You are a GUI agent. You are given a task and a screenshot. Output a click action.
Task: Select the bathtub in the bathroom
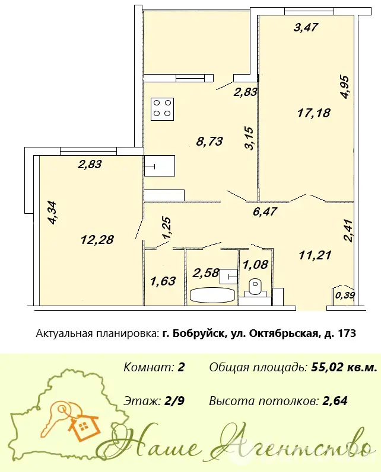point(212,295)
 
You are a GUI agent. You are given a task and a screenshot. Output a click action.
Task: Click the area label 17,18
point(314,113)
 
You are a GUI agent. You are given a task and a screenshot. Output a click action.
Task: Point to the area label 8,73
point(209,141)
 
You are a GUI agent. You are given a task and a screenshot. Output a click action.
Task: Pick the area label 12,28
point(97,240)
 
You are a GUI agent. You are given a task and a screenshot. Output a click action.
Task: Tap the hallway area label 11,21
point(315,255)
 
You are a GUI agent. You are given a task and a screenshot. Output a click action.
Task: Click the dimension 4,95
point(344,87)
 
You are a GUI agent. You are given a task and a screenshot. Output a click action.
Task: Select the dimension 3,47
point(306,27)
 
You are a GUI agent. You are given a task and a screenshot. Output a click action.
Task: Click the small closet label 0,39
point(345,296)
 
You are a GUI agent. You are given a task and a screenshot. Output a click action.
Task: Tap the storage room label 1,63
point(163,281)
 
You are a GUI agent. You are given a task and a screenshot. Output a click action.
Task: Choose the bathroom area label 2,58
point(206,273)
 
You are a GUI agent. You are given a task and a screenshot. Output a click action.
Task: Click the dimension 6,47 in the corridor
point(265,211)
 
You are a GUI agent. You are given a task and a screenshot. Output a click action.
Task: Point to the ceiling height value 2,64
point(335,402)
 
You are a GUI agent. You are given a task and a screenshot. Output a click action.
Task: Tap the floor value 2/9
point(175,402)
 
